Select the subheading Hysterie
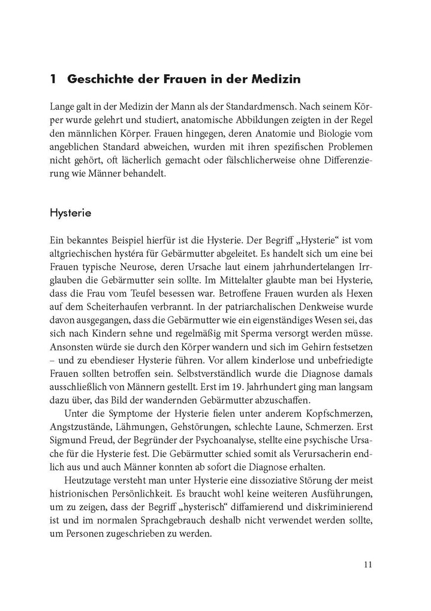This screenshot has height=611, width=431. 71,212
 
